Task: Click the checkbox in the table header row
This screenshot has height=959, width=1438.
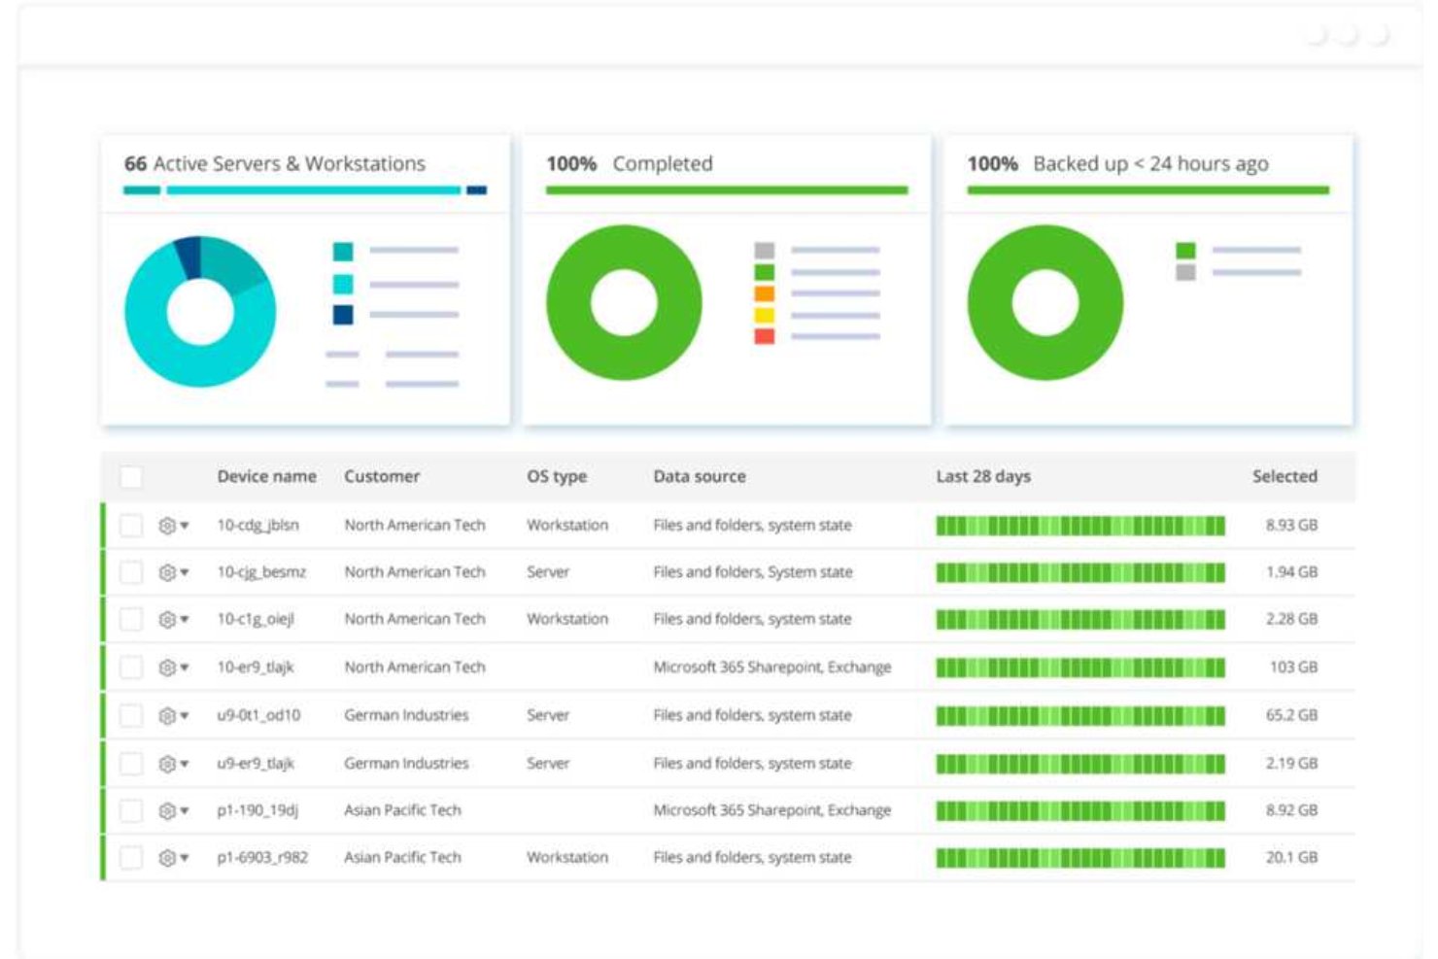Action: pyautogui.click(x=131, y=477)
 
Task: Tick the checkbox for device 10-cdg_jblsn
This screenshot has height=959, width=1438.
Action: pyautogui.click(x=131, y=526)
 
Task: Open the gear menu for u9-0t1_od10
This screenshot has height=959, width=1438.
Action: pyautogui.click(x=172, y=716)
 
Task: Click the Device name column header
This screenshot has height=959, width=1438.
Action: pyautogui.click(x=266, y=477)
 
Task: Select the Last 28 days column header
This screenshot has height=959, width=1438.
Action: pyautogui.click(x=982, y=477)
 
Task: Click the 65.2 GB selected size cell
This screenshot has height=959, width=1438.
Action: pyautogui.click(x=1290, y=716)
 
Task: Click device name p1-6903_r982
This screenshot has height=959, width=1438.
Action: pyautogui.click(x=262, y=858)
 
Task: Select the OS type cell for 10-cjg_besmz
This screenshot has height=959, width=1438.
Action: pyautogui.click(x=548, y=572)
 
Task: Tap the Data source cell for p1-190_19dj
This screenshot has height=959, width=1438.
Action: pyautogui.click(x=771, y=810)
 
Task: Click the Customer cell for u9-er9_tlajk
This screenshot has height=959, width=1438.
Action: pyautogui.click(x=406, y=764)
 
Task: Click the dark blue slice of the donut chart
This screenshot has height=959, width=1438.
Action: pyautogui.click(x=188, y=257)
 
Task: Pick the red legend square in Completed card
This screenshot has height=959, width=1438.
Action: pyautogui.click(x=765, y=336)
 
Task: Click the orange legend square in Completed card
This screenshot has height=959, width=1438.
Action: pyautogui.click(x=765, y=293)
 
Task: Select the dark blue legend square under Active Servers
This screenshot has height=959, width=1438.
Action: pyautogui.click(x=343, y=315)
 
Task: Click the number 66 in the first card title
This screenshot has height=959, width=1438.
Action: pyautogui.click(x=135, y=164)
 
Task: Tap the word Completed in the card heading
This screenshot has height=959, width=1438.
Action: pyautogui.click(x=662, y=164)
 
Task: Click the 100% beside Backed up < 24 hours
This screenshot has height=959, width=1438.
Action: pyautogui.click(x=992, y=164)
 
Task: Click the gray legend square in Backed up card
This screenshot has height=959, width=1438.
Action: pyautogui.click(x=1185, y=273)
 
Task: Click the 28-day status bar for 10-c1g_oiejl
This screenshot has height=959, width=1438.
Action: pyautogui.click(x=1079, y=620)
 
